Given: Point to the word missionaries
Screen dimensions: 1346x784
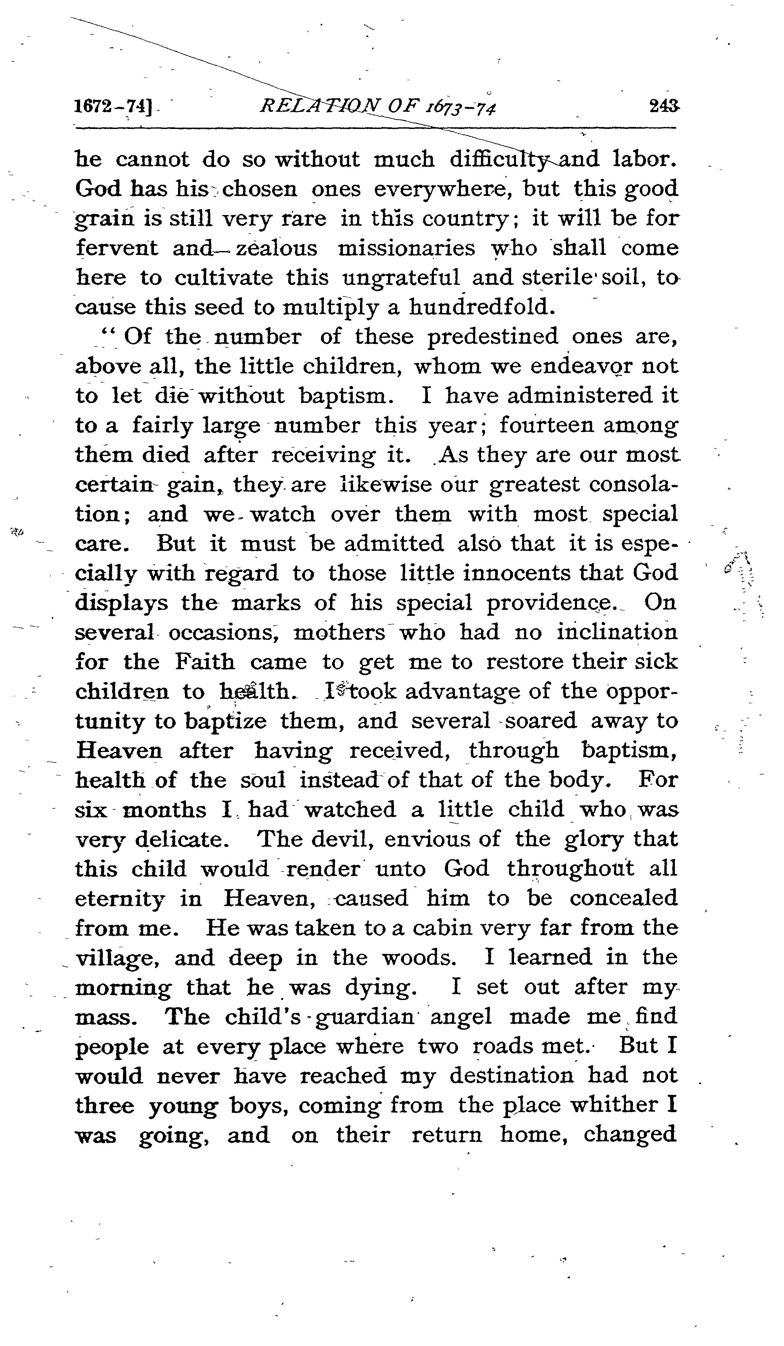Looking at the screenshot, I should pos(407,248).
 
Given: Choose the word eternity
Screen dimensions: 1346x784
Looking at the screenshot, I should pos(120,899).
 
